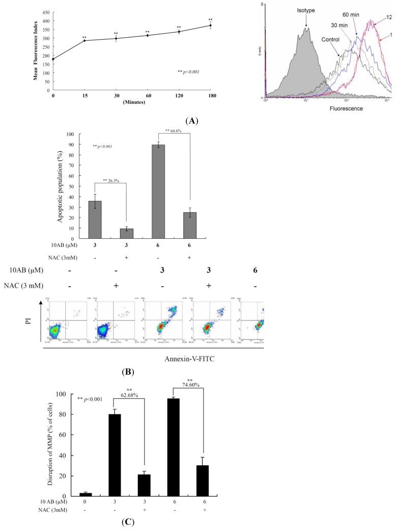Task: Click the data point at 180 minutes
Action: pos(210,25)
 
